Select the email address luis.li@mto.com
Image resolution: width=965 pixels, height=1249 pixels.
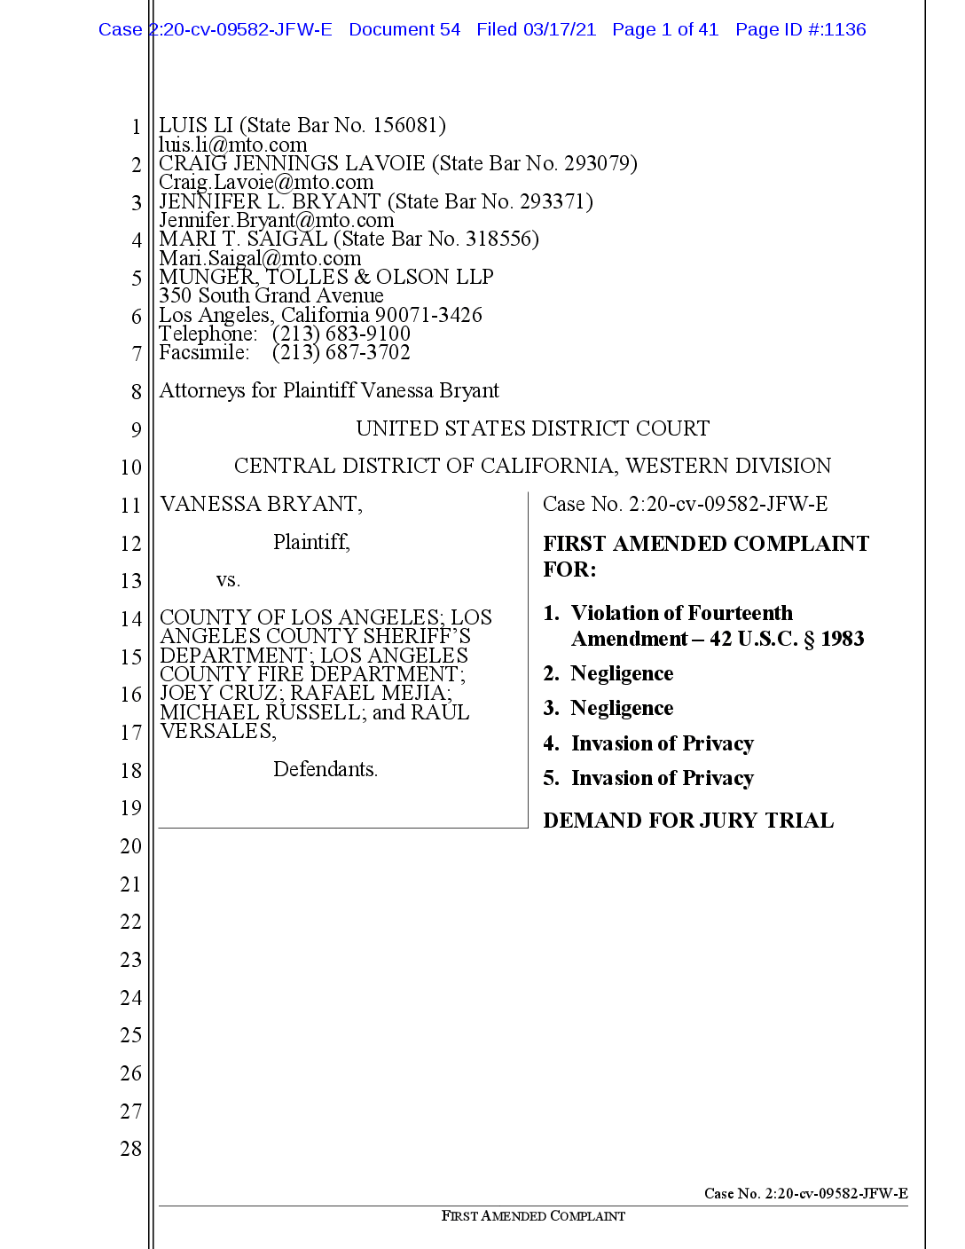tap(232, 145)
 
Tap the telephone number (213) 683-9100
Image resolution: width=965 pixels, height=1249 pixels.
tap(341, 334)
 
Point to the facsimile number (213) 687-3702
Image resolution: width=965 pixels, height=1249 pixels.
tap(341, 353)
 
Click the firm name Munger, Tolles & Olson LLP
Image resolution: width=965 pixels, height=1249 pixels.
tap(326, 277)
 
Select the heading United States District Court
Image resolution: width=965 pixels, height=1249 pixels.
tap(532, 428)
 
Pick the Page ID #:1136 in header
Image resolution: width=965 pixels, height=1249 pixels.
tap(800, 29)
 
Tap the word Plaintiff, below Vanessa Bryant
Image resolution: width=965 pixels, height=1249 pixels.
tap(311, 542)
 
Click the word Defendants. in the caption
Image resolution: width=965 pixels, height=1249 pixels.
tap(325, 769)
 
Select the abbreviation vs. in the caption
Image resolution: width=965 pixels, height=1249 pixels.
tap(228, 580)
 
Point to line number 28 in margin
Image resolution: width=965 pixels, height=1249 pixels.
tap(130, 1149)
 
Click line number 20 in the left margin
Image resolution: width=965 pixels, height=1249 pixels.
tap(130, 846)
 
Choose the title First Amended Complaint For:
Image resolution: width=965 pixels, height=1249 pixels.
tap(705, 556)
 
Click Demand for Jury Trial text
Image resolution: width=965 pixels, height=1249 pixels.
tap(687, 821)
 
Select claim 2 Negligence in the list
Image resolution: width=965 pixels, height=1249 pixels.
tap(621, 673)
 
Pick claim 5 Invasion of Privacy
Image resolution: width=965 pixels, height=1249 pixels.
tap(662, 778)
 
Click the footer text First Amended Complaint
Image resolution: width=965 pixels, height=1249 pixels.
tap(532, 1216)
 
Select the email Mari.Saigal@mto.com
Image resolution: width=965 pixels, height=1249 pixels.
tap(260, 258)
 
